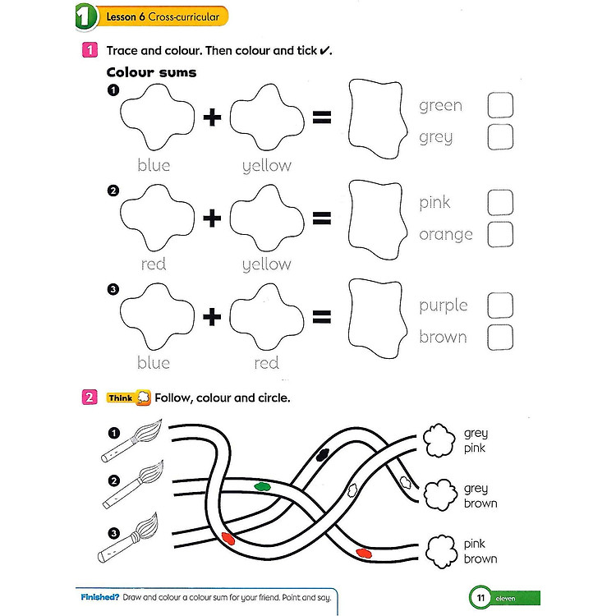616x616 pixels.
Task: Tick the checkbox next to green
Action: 500,105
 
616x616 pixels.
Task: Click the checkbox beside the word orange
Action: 500,234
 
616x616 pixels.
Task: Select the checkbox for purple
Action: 500,306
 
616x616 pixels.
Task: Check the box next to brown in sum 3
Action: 500,337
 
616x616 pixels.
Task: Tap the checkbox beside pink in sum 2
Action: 500,202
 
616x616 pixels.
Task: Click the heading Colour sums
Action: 152,72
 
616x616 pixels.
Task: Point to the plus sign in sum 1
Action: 213,117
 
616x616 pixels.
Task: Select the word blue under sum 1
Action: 154,165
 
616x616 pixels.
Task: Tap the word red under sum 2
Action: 154,264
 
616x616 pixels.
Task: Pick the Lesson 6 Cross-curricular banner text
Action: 161,16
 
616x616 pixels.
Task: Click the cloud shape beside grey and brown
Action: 439,495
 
